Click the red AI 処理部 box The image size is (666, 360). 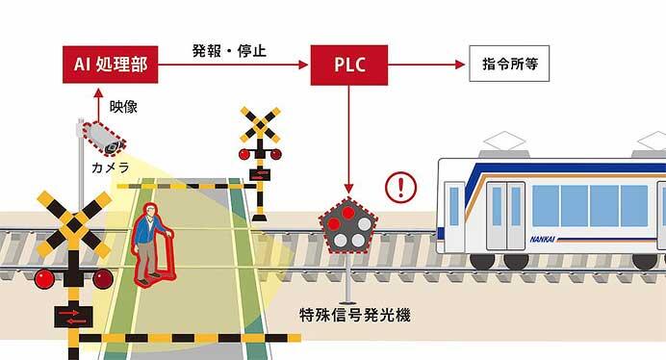(109, 64)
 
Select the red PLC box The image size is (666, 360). (347, 64)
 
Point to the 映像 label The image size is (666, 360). (123, 106)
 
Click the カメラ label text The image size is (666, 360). (110, 167)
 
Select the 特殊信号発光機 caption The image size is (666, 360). (355, 315)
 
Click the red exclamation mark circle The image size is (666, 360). (399, 184)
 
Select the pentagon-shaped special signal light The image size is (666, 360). (347, 227)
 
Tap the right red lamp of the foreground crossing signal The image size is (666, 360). (103, 279)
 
